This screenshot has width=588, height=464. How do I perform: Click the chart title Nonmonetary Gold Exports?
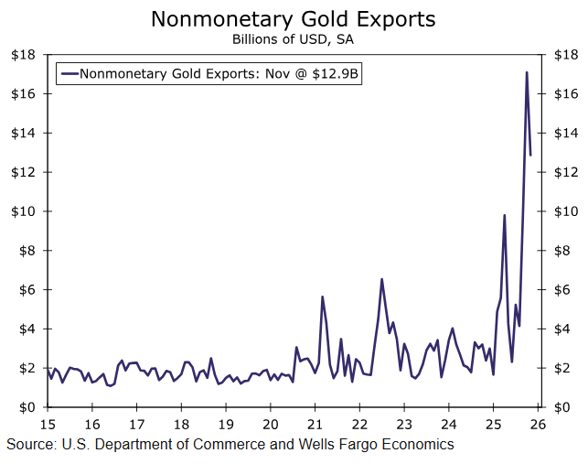tap(293, 18)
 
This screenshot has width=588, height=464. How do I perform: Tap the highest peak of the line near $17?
tap(526, 72)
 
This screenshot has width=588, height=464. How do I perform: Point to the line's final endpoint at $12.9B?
tap(530, 155)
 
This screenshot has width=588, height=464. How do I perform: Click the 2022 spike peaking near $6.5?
tap(381, 279)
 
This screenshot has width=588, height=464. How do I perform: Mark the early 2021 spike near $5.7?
tap(322, 297)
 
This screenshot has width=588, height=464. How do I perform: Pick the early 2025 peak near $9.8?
tap(504, 215)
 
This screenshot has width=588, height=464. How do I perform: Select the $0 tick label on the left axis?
tap(27, 407)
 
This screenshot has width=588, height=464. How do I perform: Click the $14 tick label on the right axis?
tap(562, 133)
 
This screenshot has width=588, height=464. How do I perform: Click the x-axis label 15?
tap(48, 425)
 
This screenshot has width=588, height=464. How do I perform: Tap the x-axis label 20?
tap(270, 425)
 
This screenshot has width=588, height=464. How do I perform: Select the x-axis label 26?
tap(537, 425)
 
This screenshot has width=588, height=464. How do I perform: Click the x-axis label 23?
tap(403, 425)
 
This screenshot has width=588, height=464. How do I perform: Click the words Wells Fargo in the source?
tap(341, 445)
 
